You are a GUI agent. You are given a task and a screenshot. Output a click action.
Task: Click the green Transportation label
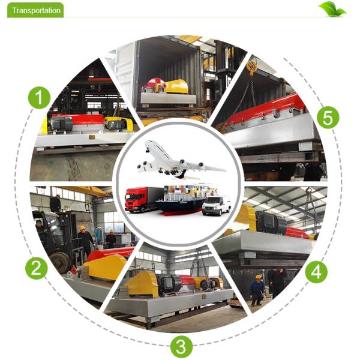35,10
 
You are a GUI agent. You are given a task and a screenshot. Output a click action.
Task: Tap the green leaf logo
332,9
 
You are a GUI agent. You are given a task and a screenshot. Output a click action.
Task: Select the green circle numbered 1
39,98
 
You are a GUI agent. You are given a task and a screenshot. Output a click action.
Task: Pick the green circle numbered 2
36,268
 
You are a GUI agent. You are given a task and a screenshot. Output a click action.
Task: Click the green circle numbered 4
316,272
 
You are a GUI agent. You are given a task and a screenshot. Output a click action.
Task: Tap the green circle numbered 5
328,118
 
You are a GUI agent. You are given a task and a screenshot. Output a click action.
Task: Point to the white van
216,205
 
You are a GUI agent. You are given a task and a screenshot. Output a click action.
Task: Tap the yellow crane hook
251,67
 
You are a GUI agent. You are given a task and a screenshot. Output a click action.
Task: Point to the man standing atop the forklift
55,203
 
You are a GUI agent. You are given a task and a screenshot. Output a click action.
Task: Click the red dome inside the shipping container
155,84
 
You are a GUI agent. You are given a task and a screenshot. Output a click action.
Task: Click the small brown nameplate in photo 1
92,137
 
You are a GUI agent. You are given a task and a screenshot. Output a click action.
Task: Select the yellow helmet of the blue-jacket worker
258,277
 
